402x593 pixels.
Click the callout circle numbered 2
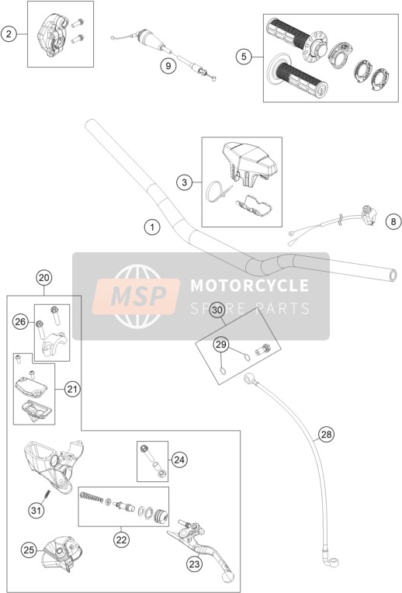(9, 34)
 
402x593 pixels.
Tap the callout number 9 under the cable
(168, 66)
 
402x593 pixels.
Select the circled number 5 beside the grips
(244, 57)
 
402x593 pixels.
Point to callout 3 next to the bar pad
(184, 183)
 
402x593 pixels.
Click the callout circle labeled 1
(152, 227)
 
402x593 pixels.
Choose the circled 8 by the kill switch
(393, 221)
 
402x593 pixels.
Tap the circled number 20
(44, 278)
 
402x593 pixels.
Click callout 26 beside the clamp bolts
(20, 322)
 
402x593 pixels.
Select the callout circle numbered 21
(72, 389)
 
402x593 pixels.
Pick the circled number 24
(179, 459)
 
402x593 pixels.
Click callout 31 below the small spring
(36, 511)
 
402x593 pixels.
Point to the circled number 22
(121, 540)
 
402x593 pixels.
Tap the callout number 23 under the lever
(194, 564)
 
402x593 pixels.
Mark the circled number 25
(29, 550)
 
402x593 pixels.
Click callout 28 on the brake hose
(326, 435)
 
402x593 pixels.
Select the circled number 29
(221, 345)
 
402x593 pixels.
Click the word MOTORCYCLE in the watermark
(250, 286)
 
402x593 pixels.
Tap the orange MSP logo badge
(136, 296)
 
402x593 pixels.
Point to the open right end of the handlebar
(393, 275)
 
